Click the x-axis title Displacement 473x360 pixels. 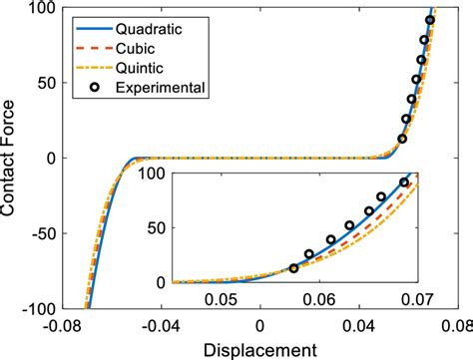(x=260, y=349)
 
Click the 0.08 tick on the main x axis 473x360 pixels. (x=453, y=324)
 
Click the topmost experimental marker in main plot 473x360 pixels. (x=430, y=20)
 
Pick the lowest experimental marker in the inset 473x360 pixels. (x=293, y=268)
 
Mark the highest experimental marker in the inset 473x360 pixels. (x=404, y=182)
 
